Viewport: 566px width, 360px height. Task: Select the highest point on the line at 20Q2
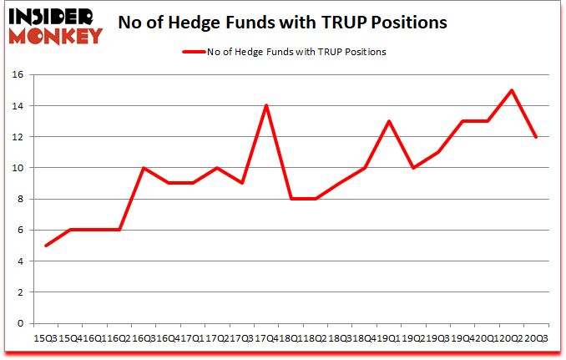coord(511,90)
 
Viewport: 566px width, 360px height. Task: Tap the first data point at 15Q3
coord(46,246)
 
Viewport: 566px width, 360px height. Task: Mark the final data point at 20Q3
coord(535,137)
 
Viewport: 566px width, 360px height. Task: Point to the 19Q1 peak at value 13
coord(388,121)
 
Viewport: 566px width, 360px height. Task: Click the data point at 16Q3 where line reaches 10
coord(144,168)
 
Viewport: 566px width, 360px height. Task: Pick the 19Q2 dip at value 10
coord(413,168)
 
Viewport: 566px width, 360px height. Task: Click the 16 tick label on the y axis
coord(18,75)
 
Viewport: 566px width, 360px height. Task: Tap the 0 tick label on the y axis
coord(22,323)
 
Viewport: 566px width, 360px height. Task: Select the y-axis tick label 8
coord(22,199)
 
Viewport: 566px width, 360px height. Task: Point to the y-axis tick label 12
coord(18,137)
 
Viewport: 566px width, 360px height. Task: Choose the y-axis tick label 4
coord(22,261)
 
